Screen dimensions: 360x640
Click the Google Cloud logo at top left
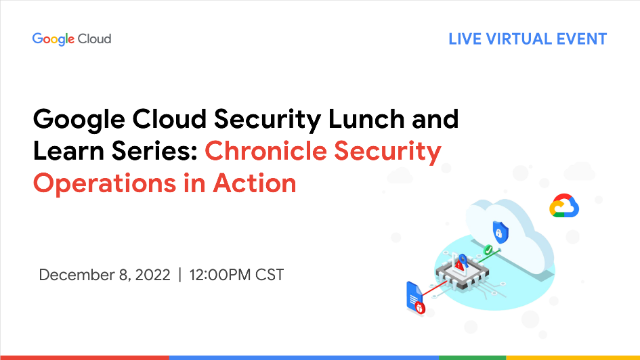71,39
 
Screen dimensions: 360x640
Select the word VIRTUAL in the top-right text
524,39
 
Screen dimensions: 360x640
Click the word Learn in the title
68,152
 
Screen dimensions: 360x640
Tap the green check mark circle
487,248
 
